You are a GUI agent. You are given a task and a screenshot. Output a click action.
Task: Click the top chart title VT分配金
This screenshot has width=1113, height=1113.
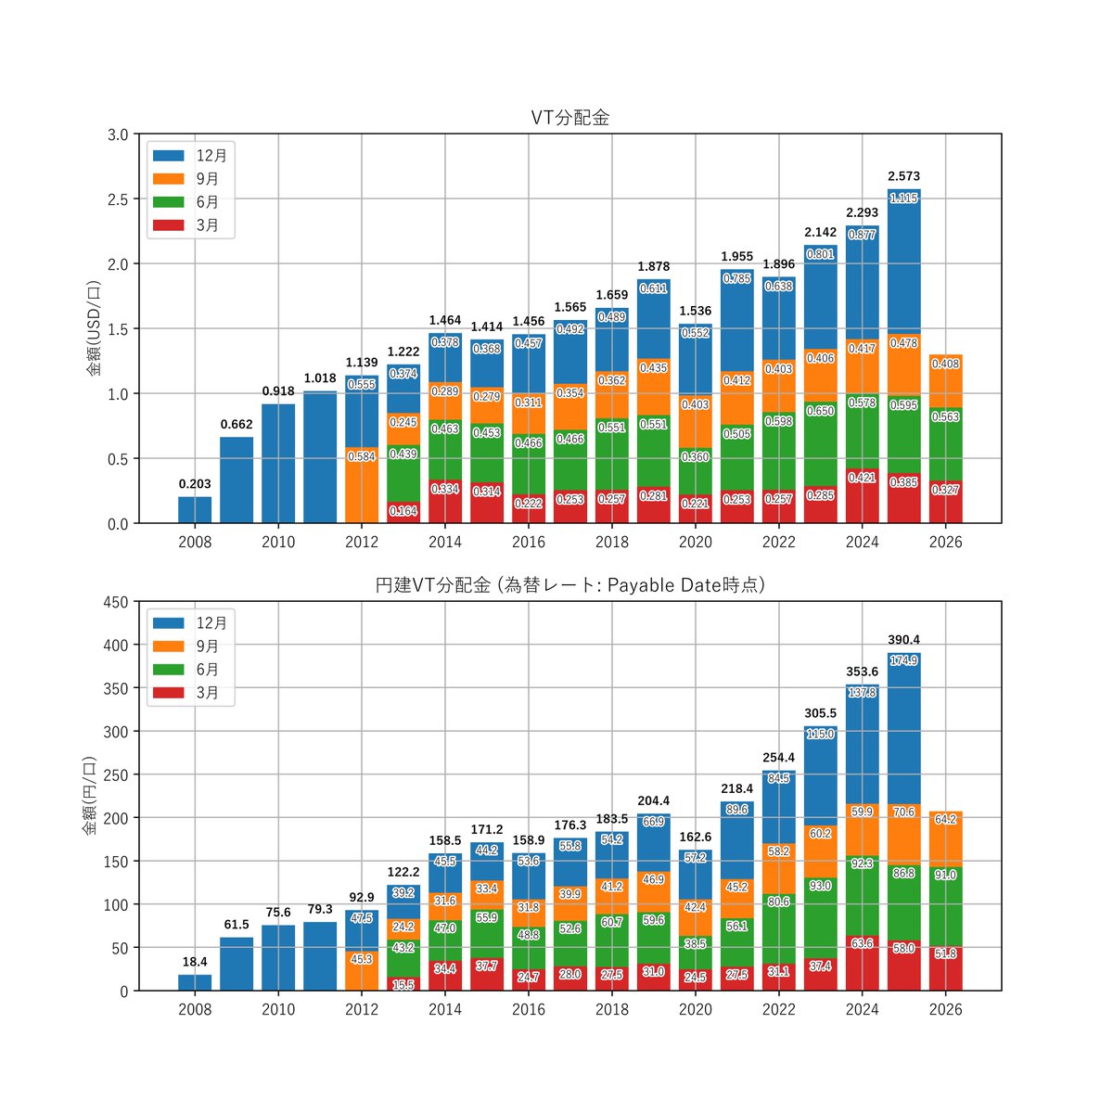569,118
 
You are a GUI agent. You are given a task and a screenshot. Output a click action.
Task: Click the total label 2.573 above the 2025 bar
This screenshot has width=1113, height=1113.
903,176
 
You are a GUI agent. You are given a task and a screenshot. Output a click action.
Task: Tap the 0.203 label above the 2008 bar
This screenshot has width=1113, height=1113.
195,484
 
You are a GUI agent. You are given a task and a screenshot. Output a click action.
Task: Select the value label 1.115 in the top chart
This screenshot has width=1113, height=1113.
903,198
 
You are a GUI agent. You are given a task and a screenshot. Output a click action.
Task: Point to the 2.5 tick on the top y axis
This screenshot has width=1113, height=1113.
118,199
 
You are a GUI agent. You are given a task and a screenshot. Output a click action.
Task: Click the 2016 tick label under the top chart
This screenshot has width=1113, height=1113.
528,542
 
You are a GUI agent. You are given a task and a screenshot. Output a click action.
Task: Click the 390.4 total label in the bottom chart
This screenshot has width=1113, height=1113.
903,640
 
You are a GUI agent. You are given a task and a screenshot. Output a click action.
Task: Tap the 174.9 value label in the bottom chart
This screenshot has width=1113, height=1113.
903,660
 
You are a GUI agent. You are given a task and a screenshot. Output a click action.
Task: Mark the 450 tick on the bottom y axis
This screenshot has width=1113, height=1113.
116,603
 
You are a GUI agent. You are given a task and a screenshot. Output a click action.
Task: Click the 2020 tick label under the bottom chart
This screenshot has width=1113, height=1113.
695,1010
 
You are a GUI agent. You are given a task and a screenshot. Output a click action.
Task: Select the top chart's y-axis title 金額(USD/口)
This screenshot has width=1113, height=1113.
94,328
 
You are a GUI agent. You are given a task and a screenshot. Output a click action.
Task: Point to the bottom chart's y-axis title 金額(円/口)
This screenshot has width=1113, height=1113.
90,795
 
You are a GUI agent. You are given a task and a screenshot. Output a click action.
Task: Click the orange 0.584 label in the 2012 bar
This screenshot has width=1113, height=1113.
362,456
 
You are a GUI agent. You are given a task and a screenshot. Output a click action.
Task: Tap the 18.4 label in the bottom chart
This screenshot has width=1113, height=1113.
195,962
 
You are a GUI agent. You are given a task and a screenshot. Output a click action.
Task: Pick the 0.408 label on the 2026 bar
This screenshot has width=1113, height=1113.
945,364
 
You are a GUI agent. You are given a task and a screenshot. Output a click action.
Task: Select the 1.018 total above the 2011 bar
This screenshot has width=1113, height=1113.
320,378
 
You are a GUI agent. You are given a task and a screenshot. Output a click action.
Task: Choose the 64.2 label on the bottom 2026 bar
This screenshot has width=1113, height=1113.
945,819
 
